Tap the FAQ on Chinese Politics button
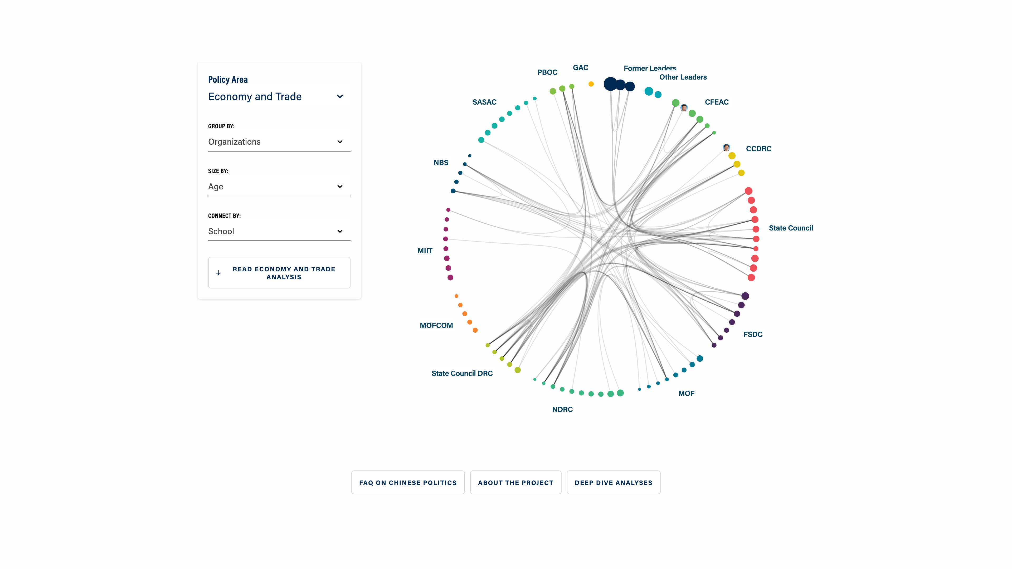(408, 483)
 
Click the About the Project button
(515, 483)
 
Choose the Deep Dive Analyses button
(613, 483)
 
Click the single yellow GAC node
(591, 84)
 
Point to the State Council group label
(790, 228)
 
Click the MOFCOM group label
(436, 326)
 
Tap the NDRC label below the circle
(562, 410)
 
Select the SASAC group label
(484, 102)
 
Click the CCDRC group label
(758, 149)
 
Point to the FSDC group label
(753, 335)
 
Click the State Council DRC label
(462, 374)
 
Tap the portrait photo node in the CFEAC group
(684, 107)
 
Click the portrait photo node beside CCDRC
(726, 148)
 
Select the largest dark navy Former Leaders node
(610, 84)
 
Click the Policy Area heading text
(228, 80)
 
